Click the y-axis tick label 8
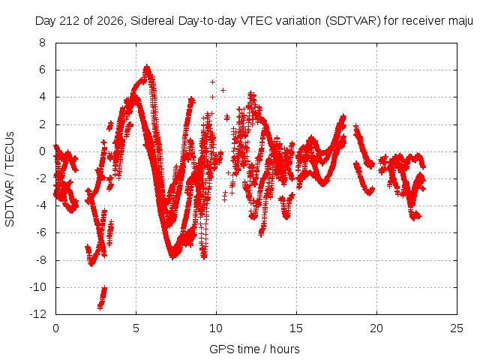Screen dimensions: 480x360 tap(42, 43)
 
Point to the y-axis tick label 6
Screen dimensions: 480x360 tap(42, 70)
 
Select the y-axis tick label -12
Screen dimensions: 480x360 tap(38, 314)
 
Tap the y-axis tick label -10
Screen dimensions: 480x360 tap(38, 287)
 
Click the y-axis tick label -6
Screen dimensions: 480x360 tap(40, 233)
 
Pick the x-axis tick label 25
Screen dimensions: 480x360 tap(457, 328)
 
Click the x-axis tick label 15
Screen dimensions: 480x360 tap(296, 328)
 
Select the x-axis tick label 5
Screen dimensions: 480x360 tap(136, 328)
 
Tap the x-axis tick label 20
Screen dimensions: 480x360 tap(376, 328)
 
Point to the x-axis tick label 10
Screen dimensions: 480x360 tap(216, 328)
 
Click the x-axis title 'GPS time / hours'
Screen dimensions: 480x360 tap(254, 349)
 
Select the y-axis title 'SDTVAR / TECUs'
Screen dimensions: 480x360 tap(10, 179)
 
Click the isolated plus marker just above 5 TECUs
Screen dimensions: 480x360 tap(212, 82)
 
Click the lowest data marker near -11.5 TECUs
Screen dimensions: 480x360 tap(100, 307)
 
